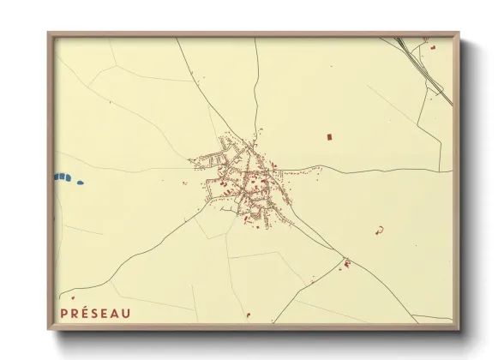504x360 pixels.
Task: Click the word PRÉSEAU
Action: click(96, 313)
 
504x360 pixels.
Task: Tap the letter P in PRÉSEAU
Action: click(64, 313)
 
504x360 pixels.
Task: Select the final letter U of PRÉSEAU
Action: click(127, 313)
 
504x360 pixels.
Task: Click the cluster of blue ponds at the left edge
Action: click(63, 177)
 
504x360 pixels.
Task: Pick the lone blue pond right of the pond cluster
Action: click(81, 182)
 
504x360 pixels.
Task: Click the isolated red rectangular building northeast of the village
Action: click(328, 135)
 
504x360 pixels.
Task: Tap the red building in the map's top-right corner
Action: click(434, 46)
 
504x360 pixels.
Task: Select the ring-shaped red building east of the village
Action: click(379, 229)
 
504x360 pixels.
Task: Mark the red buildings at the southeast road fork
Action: click(346, 263)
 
